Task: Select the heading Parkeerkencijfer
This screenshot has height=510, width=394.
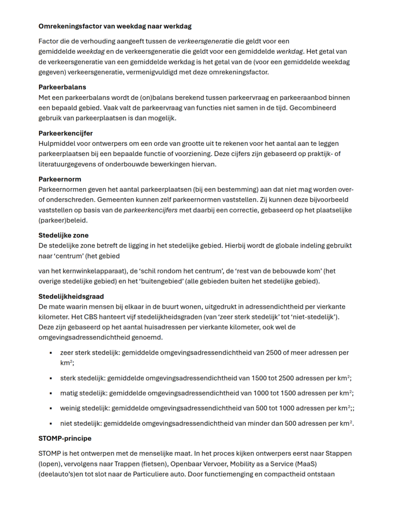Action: [x=66, y=133]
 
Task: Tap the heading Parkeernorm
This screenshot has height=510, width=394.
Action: [x=60, y=179]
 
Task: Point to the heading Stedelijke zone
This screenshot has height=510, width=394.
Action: [x=64, y=235]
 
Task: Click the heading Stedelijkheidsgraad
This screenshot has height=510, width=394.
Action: [x=71, y=296]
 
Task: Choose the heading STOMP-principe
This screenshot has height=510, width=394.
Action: [x=65, y=439]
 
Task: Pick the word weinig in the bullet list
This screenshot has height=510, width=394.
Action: [x=71, y=408]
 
